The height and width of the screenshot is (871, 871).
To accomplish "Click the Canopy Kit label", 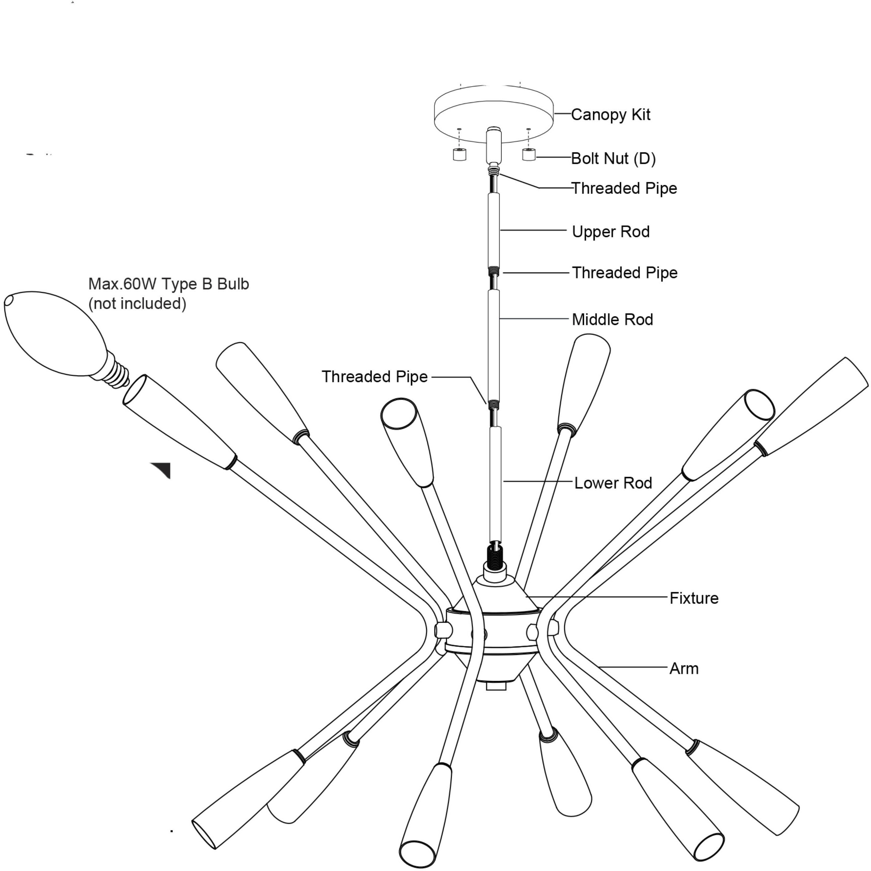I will click(610, 115).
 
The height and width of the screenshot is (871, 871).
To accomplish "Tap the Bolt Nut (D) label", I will click(613, 158).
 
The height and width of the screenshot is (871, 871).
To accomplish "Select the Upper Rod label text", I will click(610, 232).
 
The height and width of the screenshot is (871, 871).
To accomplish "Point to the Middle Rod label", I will click(612, 320).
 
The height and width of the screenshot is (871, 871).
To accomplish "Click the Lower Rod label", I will click(613, 483).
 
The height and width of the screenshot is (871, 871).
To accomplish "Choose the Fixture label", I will click(694, 598).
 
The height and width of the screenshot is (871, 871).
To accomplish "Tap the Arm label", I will click(684, 668).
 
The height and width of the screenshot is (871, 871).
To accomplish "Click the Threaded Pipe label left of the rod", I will click(374, 376).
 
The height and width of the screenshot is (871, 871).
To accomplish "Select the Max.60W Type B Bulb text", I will click(169, 284).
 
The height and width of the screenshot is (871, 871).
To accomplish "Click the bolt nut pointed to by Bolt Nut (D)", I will click(529, 154).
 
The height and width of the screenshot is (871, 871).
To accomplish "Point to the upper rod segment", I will click(494, 230).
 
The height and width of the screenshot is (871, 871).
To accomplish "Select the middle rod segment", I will click(494, 345).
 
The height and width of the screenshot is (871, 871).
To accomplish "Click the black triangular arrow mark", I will click(163, 469).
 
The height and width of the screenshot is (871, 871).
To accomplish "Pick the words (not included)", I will click(137, 303).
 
